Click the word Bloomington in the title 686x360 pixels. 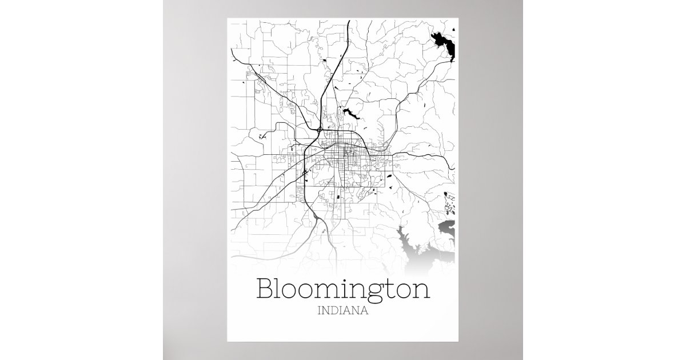click(x=343, y=289)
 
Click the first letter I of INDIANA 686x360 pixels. click(x=317, y=313)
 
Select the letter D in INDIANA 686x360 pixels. click(x=333, y=313)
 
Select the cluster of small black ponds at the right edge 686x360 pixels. click(x=450, y=202)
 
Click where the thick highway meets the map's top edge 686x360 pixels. click(x=349, y=21)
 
